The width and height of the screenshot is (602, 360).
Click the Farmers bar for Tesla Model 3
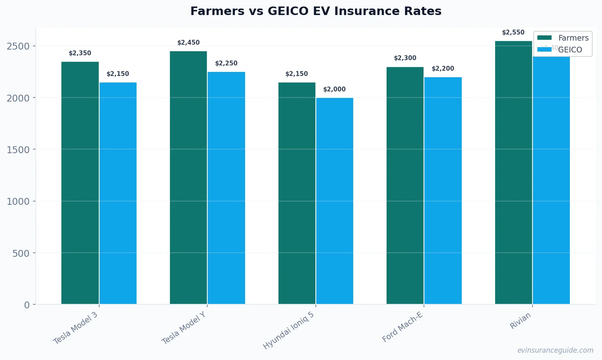[80, 183]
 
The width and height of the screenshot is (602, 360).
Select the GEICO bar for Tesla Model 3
[118, 193]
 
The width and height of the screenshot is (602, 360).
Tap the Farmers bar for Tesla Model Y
[188, 178]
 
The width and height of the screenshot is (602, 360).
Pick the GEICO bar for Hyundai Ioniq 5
[335, 201]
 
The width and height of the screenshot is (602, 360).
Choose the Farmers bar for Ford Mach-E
[405, 185]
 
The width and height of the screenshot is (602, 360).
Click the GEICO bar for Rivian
[551, 181]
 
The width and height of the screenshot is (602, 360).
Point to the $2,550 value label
[513, 33]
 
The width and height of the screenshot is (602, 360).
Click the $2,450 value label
[188, 43]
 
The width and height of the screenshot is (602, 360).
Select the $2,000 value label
[334, 89]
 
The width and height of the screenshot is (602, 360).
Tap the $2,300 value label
[405, 58]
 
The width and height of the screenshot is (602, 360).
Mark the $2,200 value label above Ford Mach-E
[443, 69]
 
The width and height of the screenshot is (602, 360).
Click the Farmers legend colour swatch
[544, 38]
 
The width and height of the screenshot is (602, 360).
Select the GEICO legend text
[570, 50]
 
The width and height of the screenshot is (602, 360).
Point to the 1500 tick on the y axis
[18, 150]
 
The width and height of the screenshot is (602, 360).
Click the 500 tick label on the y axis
[21, 254]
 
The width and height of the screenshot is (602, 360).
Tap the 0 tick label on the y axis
[27, 305]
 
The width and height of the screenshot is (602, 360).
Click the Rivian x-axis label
[520, 321]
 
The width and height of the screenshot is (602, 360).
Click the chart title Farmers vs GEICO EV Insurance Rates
[316, 11]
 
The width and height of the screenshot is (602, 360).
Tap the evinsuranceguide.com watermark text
[555, 350]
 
